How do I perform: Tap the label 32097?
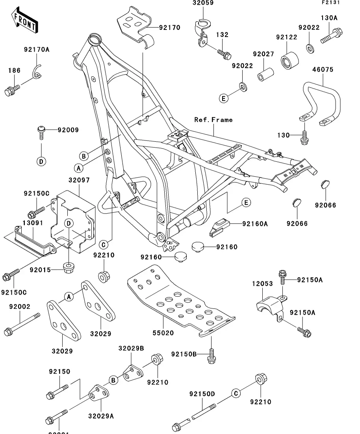79,180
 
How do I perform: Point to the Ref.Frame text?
213,120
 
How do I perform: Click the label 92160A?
255,224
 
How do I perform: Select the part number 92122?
286,37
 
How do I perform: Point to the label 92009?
68,130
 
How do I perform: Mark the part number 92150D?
202,394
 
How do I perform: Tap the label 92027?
264,54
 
